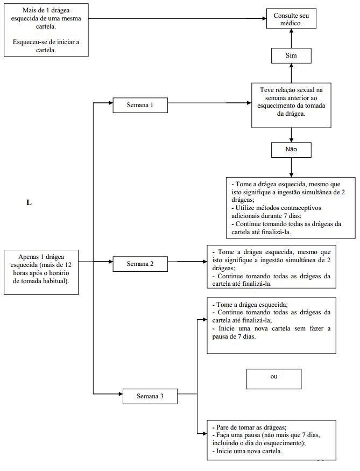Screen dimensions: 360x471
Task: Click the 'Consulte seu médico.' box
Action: pos(291,19)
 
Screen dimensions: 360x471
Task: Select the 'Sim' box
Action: pos(291,56)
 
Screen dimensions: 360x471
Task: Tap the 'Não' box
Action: pos(291,150)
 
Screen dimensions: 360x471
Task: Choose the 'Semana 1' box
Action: pos(140,105)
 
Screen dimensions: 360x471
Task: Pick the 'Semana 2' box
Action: pos(140,264)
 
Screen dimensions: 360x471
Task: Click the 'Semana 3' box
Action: pos(150,396)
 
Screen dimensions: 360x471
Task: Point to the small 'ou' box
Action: pos(273,379)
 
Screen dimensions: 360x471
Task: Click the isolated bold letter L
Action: pos(29,203)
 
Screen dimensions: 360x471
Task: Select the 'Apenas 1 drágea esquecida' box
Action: pos(41,272)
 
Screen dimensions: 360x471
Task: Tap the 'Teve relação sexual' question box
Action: pos(291,106)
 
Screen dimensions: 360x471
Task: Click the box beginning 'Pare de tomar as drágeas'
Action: pos(271,440)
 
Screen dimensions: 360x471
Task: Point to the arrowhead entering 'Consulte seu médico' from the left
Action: pos(264,19)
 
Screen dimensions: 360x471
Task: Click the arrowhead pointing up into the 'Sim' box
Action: pos(291,66)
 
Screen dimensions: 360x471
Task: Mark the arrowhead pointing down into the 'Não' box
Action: pos(291,140)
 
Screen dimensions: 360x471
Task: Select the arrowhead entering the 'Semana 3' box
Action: pos(121,394)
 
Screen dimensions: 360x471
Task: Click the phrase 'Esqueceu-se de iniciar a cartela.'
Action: pos(46,46)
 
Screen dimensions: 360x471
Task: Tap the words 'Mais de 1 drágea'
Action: pos(46,11)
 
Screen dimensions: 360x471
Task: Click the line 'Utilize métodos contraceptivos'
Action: pos(276,208)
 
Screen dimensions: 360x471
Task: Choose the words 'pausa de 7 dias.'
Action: pos(234,337)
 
